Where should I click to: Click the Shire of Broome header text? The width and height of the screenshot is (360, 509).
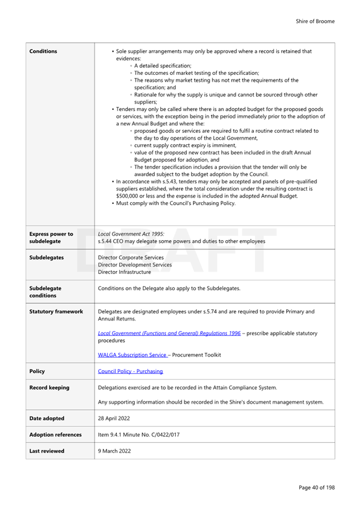pos(315,21)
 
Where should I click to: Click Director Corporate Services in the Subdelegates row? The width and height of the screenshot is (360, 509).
pos(131,258)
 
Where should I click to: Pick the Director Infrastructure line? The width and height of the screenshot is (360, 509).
pos(124,272)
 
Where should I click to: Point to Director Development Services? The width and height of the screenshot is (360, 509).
pos(135,265)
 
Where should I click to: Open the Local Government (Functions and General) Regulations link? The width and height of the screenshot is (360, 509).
pos(169,333)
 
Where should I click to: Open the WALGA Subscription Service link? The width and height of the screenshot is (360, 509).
pos(132,355)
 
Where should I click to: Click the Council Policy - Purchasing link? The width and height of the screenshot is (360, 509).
pos(130,371)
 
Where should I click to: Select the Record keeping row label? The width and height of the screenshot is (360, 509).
pos(49,388)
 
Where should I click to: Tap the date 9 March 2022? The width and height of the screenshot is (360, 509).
pos(114,451)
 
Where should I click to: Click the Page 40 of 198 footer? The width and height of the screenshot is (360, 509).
pos(316,488)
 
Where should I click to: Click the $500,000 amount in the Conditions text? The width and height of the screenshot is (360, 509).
pos(128,196)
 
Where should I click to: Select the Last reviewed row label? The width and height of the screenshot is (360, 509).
pos(46,451)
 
